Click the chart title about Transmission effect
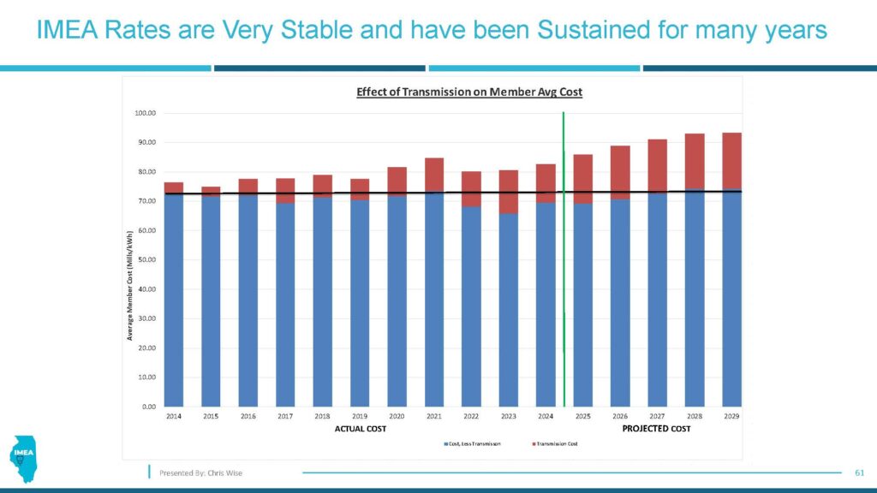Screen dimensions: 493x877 tap(469, 92)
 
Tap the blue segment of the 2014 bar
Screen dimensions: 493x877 tap(174, 300)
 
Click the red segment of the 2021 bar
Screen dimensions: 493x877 tap(434, 174)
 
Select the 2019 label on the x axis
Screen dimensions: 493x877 tap(360, 416)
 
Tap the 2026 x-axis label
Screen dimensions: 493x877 tap(620, 416)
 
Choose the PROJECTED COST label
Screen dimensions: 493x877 tap(656, 429)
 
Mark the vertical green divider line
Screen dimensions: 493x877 tap(564, 257)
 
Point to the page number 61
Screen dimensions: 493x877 tap(861, 472)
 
